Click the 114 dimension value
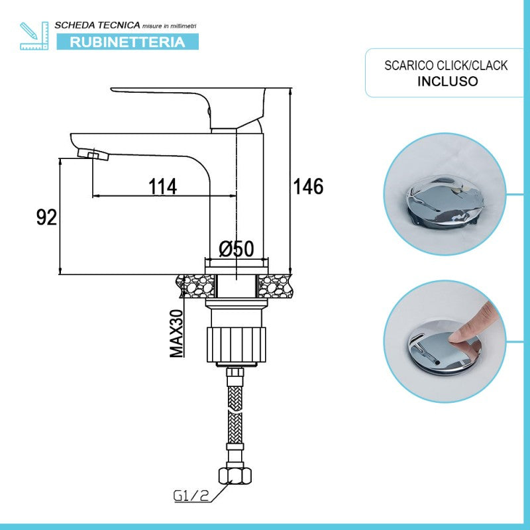[x=163, y=187]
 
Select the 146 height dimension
[x=309, y=187]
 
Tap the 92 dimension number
[x=46, y=217]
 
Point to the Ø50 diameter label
[x=237, y=248]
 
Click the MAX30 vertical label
[x=177, y=333]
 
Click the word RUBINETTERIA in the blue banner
[x=127, y=42]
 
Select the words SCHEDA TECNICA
[x=97, y=25]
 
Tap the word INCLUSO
[x=447, y=81]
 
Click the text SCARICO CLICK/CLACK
[x=447, y=66]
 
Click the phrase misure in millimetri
[x=169, y=25]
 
